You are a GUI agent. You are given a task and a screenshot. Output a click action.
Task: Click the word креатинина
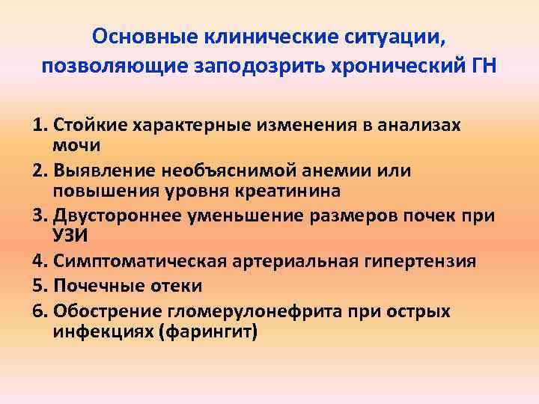pos(270,190)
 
